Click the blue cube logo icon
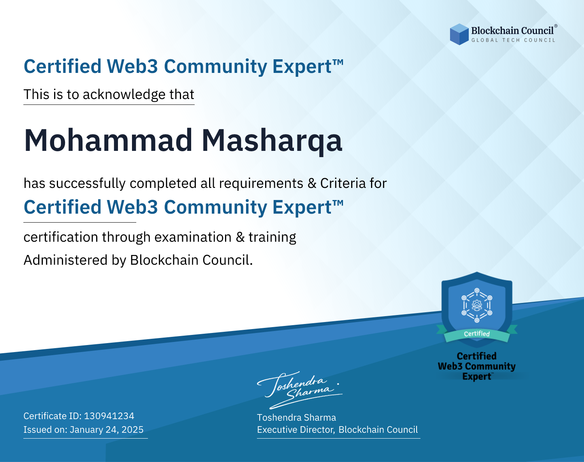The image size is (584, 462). [x=459, y=34]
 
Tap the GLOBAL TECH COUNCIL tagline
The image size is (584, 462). [x=514, y=40]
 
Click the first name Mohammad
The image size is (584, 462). [x=108, y=140]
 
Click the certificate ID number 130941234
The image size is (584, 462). [x=109, y=416]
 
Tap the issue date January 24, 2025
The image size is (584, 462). [x=107, y=430]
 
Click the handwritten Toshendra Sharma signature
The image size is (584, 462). [x=300, y=390]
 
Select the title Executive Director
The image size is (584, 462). [x=296, y=430]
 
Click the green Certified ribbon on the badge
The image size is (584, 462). [x=477, y=334]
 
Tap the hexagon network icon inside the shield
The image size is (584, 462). [x=477, y=305]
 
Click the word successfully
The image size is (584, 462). [x=87, y=184]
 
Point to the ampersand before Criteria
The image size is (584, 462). [x=312, y=184]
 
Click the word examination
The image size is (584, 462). [x=193, y=237]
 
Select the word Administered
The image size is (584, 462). [x=66, y=260]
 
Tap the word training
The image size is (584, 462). [x=273, y=237]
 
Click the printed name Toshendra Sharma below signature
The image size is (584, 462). [x=296, y=418]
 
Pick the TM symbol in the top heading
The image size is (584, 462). [x=338, y=62]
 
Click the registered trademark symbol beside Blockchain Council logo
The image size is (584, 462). [x=556, y=26]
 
